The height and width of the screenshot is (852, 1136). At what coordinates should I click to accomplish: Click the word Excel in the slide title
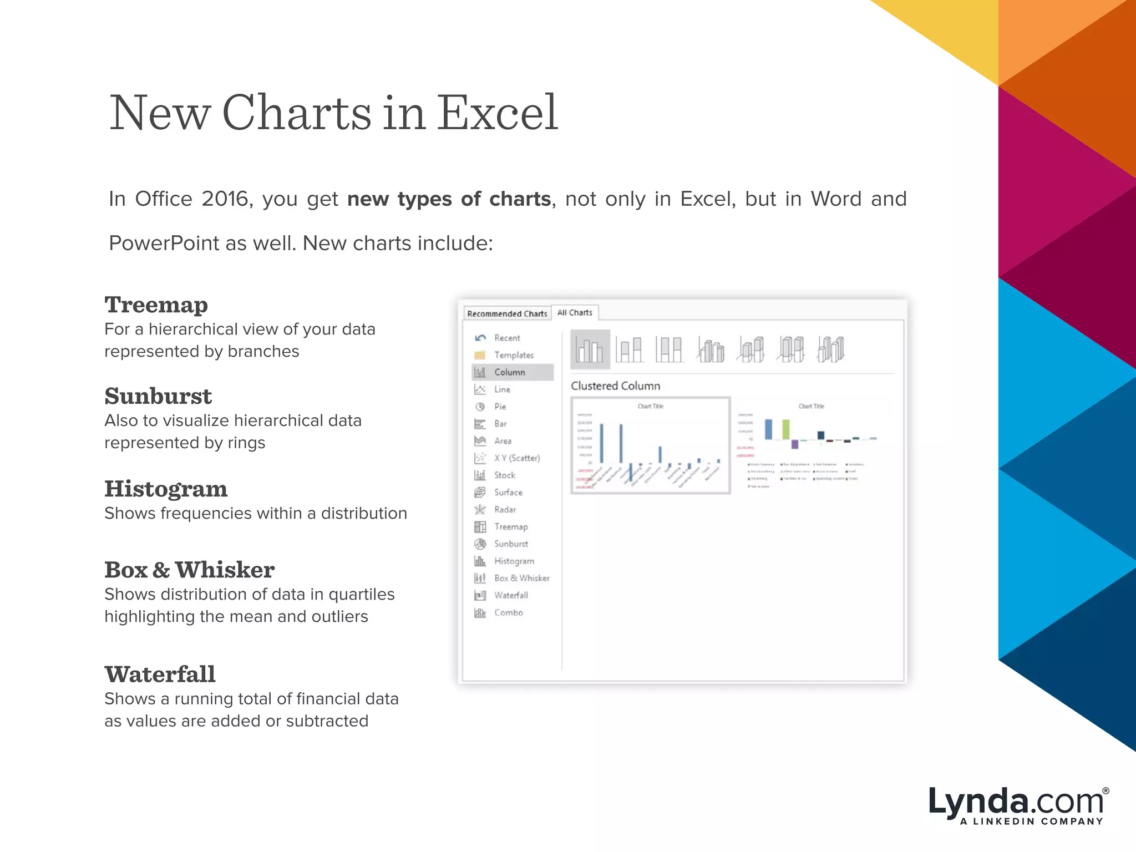[497, 113]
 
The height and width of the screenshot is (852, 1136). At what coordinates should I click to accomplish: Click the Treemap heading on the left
[156, 305]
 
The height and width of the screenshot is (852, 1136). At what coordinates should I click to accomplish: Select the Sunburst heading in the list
[158, 396]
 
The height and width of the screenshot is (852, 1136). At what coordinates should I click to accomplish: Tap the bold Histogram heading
[166, 489]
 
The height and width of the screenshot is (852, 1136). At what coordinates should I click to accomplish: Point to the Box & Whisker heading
[189, 570]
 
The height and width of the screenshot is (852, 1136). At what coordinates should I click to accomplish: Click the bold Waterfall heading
[160, 674]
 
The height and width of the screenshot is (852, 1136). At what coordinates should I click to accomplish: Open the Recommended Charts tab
[507, 313]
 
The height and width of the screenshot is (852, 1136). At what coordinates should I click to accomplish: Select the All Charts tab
[575, 312]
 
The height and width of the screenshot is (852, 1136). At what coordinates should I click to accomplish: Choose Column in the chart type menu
[510, 372]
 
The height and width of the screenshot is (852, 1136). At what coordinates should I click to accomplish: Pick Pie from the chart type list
[500, 407]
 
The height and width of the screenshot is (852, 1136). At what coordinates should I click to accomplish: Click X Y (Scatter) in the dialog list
[516, 458]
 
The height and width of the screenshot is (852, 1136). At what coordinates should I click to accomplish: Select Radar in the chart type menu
[505, 509]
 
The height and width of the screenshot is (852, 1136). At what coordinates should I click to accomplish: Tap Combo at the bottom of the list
[508, 612]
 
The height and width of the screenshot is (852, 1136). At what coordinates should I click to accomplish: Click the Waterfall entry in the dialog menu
[511, 595]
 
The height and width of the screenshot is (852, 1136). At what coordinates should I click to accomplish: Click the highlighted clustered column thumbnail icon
[590, 349]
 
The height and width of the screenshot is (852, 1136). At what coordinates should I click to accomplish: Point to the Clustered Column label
[615, 386]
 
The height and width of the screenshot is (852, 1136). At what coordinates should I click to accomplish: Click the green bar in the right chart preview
[785, 429]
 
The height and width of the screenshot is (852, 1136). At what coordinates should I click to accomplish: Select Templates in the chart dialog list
[514, 355]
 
